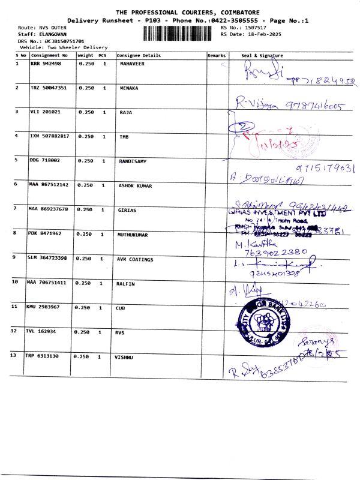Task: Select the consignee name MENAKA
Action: (x=129, y=88)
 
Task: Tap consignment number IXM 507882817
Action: (x=49, y=136)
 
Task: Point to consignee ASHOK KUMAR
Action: (x=136, y=186)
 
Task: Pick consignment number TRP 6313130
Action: (x=42, y=356)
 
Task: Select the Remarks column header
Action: (x=216, y=55)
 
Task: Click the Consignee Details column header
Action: (x=139, y=55)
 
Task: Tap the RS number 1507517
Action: (x=255, y=28)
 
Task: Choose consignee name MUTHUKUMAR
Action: (x=135, y=235)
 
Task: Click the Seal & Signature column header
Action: (x=262, y=55)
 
